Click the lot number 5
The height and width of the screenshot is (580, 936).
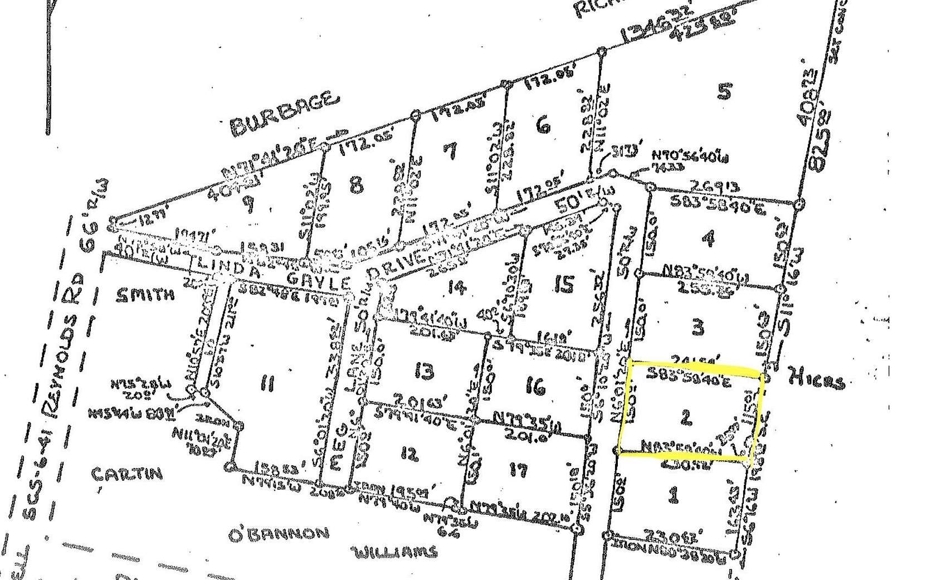tap(724, 90)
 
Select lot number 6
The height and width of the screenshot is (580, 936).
tap(543, 125)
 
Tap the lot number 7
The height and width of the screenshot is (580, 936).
tap(451, 150)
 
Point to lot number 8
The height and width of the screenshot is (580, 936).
tap(357, 183)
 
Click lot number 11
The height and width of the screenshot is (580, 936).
tap(267, 384)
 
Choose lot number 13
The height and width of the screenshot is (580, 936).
tap(425, 370)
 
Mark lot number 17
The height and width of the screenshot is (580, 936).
tap(518, 470)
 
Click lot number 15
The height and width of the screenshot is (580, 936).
tap(564, 285)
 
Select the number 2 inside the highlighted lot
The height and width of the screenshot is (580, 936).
tap(686, 417)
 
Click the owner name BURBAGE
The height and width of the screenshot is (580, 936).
tap(284, 114)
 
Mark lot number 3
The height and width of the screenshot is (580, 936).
tap(698, 327)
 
